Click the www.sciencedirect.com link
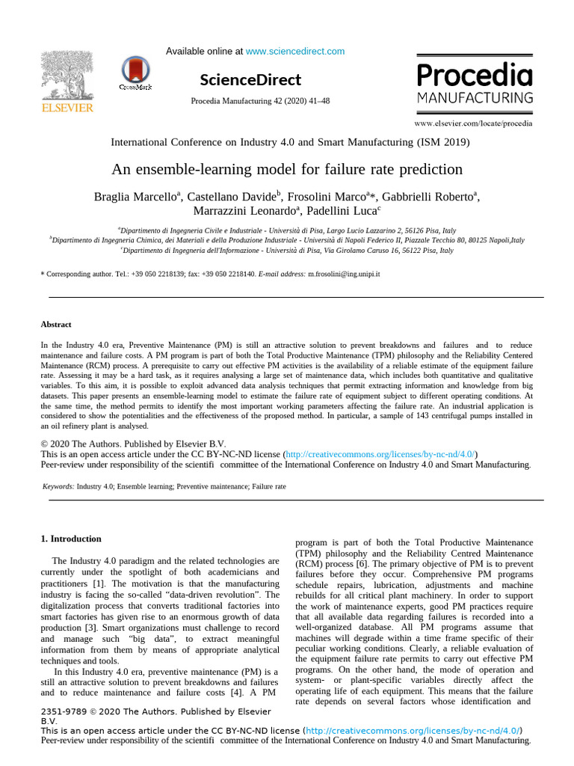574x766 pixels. tap(295, 52)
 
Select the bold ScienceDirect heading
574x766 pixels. tap(250, 80)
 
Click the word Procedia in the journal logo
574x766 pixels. tap(474, 76)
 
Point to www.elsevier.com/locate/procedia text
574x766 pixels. tap(473, 122)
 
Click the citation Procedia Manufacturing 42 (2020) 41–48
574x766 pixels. tap(260, 101)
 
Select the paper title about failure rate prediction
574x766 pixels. tap(287, 169)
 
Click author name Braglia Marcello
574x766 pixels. tap(135, 197)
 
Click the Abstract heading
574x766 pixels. tap(56, 325)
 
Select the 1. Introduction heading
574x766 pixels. tap(71, 539)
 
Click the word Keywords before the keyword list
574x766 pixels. tap(58, 486)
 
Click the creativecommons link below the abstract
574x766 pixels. tap(380, 454)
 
